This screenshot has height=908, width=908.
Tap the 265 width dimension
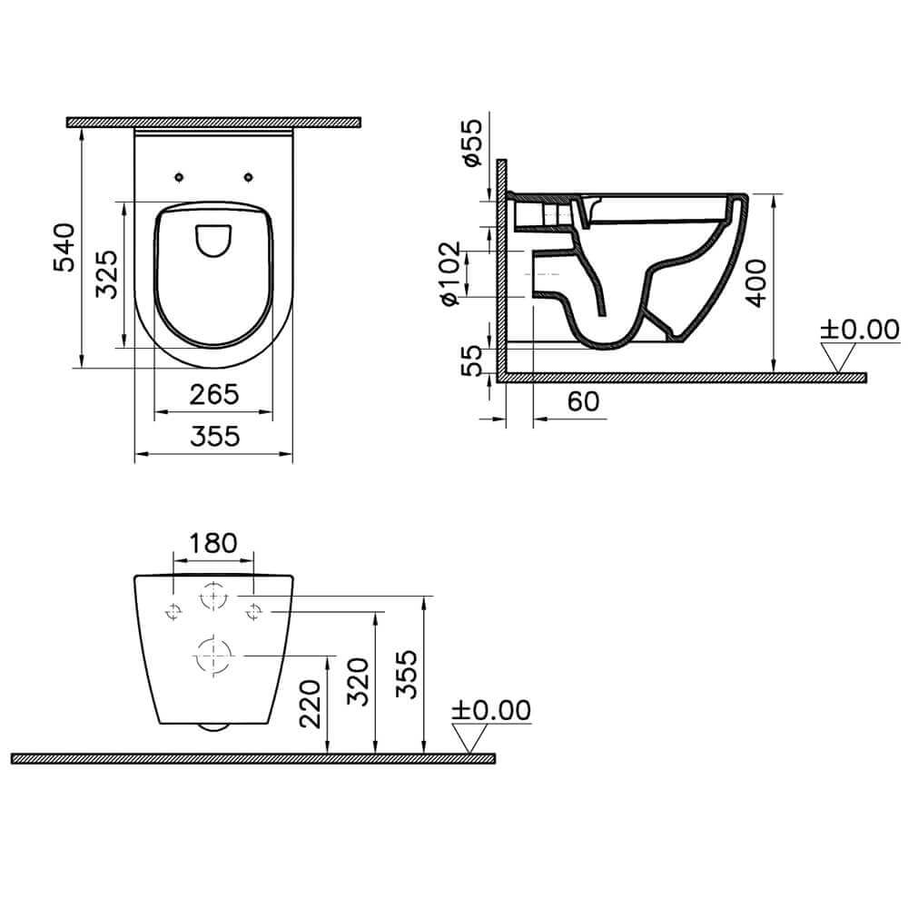(213, 394)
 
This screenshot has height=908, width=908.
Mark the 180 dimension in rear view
(212, 542)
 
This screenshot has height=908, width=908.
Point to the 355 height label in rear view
(409, 674)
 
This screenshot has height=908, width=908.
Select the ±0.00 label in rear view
(490, 710)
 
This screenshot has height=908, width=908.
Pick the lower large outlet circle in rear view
(213, 654)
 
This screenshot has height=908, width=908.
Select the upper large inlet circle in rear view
(213, 596)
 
